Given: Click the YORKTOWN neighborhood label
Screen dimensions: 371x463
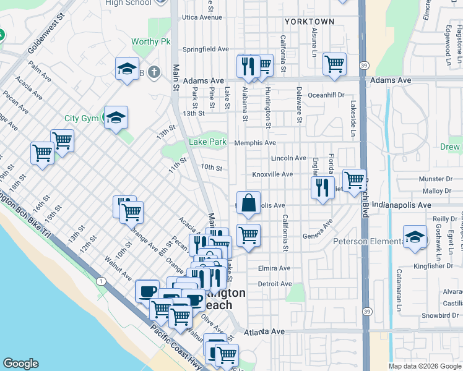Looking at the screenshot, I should [x=309, y=22].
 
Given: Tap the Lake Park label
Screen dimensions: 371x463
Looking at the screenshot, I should [x=207, y=142].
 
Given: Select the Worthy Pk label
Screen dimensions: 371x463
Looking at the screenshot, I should [x=150, y=42].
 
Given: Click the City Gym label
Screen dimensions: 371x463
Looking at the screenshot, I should [x=81, y=118].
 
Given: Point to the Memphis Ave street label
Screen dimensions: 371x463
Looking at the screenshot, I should [x=255, y=143].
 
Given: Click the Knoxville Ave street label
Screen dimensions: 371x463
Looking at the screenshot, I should [x=272, y=174].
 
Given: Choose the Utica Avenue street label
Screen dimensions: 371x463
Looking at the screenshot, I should [x=202, y=17].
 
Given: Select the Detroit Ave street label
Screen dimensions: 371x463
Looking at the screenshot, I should [x=274, y=284].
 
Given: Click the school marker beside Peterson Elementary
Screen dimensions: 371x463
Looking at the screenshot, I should [x=415, y=237].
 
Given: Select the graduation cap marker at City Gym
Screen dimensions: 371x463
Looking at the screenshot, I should [x=115, y=117].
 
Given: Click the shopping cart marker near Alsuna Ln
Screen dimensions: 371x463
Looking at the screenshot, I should [x=334, y=64].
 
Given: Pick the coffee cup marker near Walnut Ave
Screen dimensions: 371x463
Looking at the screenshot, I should [x=147, y=291].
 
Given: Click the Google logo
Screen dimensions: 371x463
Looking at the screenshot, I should [x=20, y=364].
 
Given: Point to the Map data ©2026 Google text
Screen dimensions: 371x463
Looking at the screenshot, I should [x=424, y=366].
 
